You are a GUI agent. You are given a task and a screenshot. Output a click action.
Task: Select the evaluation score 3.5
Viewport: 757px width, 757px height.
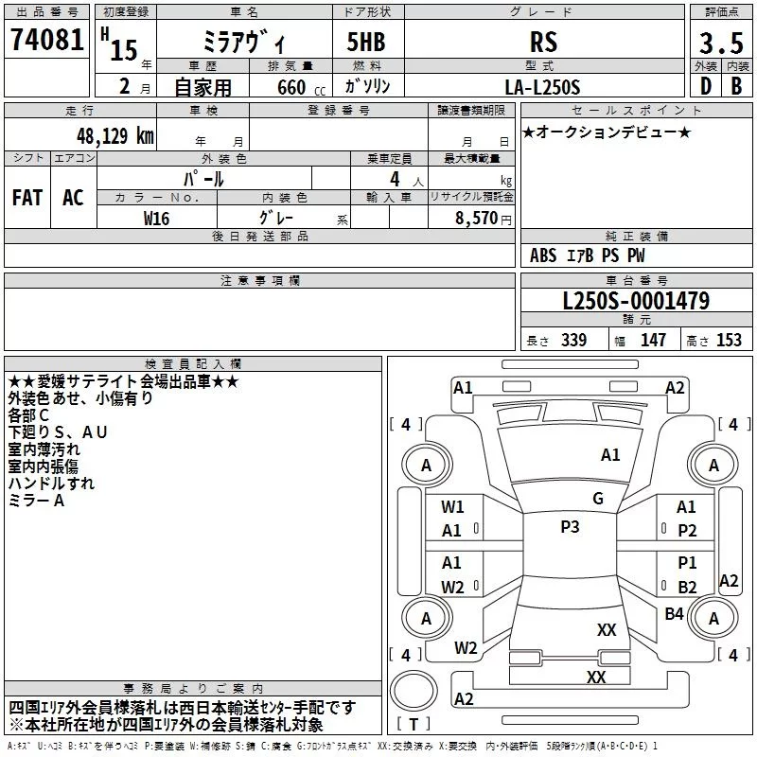721,43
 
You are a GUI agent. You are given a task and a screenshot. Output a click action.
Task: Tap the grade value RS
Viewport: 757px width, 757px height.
544,43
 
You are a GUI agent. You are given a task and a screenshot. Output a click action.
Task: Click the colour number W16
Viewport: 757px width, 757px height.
157,217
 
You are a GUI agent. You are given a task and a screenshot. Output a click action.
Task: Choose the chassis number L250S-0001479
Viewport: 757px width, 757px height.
636,302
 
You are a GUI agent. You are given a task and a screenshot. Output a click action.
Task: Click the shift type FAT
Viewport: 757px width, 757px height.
26,198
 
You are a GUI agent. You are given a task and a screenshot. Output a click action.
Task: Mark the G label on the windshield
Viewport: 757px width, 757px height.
597,499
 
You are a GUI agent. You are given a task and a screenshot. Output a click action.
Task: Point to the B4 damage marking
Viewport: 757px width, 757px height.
674,614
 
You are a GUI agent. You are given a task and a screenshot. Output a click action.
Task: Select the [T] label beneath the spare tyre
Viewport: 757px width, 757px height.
413,725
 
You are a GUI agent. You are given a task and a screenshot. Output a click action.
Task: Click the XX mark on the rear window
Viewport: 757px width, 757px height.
607,630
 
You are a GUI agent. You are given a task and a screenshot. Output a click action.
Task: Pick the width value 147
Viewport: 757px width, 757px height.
653,341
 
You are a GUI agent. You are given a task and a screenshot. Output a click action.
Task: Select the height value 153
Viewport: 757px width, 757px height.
729,341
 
